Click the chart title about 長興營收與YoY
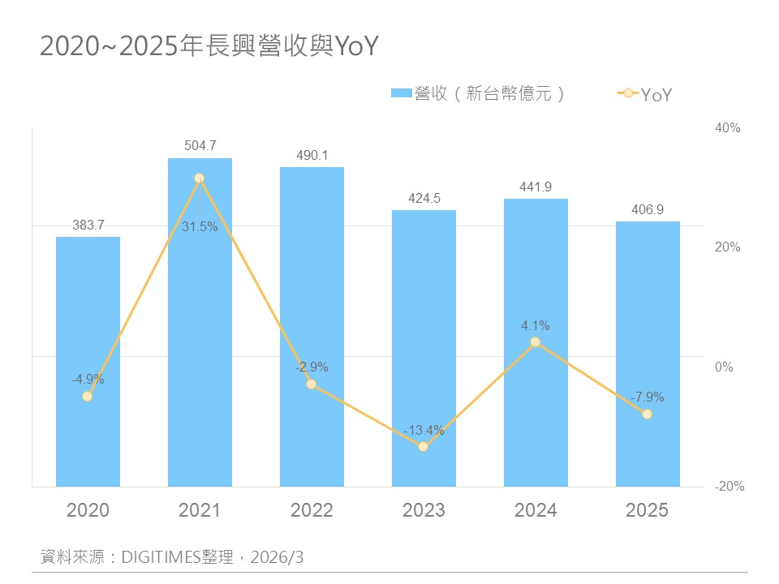click(209, 47)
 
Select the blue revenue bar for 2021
click(200, 341)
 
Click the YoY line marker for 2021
click(200, 178)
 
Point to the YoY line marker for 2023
click(424, 446)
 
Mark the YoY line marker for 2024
click(536, 342)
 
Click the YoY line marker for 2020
click(88, 396)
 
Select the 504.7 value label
click(200, 146)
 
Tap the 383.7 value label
click(88, 225)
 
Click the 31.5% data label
click(200, 227)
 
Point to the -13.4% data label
click(424, 430)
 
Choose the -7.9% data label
click(647, 397)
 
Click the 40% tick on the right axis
click(728, 127)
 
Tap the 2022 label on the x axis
click(312, 510)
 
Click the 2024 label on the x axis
click(536, 510)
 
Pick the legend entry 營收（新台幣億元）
click(479, 94)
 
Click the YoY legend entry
click(646, 95)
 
